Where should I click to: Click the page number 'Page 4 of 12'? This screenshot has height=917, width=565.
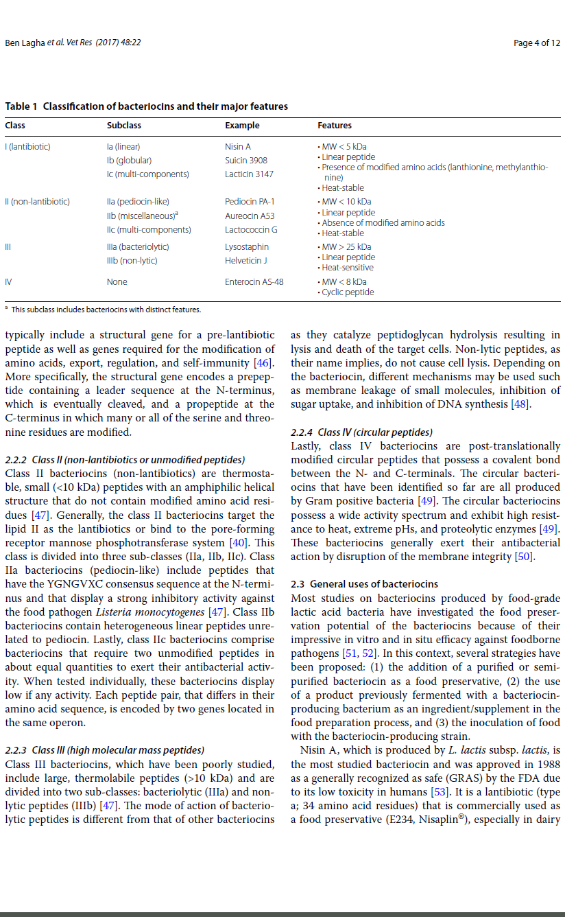[536, 43]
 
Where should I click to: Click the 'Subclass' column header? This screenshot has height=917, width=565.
[124, 126]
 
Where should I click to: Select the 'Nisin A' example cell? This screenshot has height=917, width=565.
[238, 146]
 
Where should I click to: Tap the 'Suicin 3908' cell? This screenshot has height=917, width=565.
[246, 160]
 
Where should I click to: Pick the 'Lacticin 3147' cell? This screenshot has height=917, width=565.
[249, 174]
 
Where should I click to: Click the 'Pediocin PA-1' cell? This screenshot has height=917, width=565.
[250, 202]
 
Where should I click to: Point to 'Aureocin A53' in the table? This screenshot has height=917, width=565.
[250, 216]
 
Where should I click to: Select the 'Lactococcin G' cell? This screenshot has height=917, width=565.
[251, 229]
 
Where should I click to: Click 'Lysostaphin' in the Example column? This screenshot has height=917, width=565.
[247, 246]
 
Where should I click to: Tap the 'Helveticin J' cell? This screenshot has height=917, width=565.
[246, 260]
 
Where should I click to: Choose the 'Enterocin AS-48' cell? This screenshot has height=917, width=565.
[254, 281]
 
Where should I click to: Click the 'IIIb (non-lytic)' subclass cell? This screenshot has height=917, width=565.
[132, 260]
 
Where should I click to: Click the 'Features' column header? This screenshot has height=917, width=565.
[335, 126]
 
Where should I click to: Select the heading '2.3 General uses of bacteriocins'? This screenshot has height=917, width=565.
[364, 584]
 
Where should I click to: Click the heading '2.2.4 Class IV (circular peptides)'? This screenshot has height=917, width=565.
[361, 432]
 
